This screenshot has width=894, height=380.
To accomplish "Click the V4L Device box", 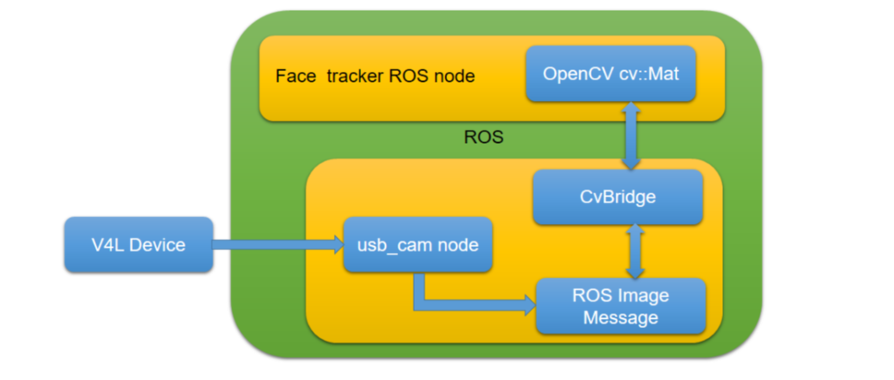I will point(138,245).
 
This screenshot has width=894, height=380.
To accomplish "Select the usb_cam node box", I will point(417,245).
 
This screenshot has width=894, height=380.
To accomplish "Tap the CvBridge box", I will point(618,197).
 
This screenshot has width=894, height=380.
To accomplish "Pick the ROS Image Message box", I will point(621,306).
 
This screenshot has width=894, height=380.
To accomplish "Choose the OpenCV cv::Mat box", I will point(610,74).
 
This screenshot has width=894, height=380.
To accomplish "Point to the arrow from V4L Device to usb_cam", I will point(278,244).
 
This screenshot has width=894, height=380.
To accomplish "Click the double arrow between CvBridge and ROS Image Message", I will point(635,252).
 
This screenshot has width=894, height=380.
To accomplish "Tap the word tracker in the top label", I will point(361,77).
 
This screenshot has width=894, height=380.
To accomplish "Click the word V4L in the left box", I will point(109,245).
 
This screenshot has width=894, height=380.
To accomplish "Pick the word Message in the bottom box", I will point(621,317).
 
